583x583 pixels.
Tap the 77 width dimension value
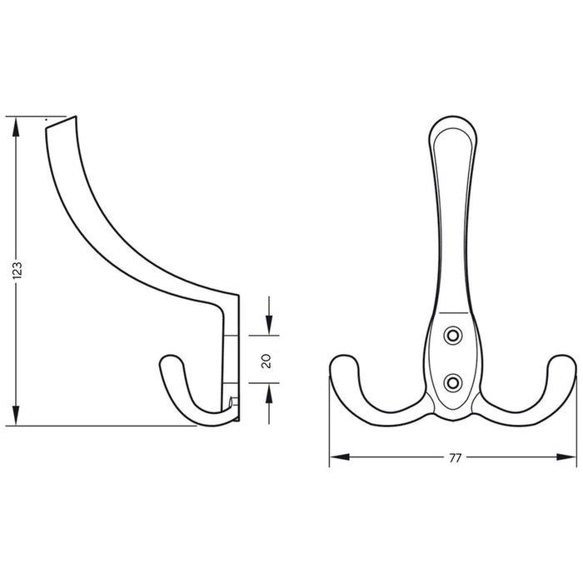tap(455, 457)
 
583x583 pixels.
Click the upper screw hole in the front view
tap(452, 335)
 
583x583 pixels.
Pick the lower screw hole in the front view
tap(452, 381)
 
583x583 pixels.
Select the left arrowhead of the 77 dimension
tap(336, 456)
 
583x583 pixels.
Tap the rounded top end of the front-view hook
tap(452, 123)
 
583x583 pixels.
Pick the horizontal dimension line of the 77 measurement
tap(400, 456)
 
